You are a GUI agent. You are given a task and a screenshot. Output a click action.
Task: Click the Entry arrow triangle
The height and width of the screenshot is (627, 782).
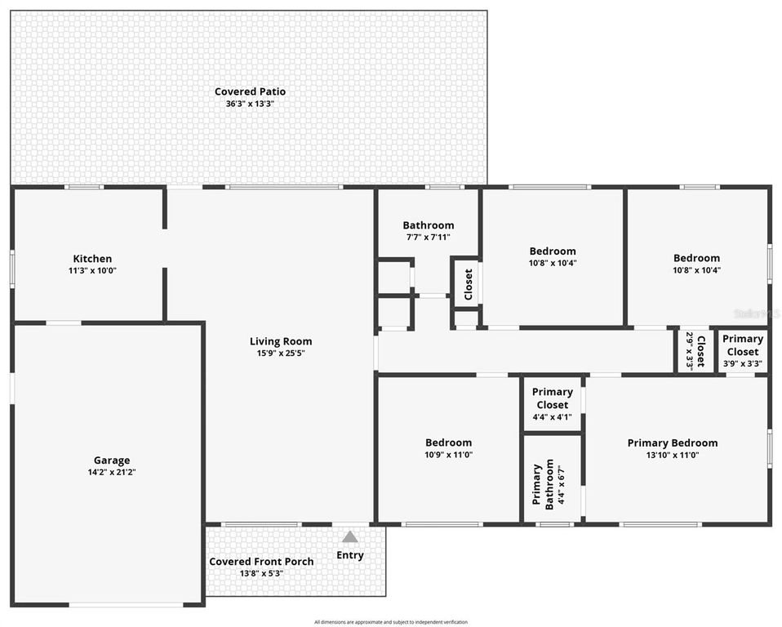349,537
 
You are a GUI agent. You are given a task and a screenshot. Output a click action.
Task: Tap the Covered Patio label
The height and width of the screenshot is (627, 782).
250,91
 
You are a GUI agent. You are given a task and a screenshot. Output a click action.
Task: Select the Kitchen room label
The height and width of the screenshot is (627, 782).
92,259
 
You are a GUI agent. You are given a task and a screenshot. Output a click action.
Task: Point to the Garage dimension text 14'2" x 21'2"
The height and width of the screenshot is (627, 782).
112,472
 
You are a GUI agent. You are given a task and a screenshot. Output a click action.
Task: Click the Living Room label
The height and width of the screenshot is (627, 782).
281,341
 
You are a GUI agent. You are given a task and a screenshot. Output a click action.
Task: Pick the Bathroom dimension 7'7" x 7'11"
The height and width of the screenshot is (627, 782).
428,237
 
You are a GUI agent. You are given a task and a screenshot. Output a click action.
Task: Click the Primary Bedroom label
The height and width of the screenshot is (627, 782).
673,443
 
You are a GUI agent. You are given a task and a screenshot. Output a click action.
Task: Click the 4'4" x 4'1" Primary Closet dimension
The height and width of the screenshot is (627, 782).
552,417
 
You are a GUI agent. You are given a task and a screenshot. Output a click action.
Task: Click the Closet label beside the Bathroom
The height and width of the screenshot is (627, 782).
468,284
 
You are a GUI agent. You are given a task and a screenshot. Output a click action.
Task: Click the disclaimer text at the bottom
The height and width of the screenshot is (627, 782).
391,622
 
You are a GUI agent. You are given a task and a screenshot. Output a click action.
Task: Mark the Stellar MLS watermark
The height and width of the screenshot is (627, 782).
757,313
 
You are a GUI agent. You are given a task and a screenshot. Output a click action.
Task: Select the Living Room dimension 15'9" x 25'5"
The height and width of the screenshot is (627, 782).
281,354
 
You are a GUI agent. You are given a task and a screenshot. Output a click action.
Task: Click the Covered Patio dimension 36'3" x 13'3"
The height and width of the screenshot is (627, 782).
250,104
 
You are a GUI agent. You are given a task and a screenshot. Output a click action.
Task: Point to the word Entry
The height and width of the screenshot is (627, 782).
350,555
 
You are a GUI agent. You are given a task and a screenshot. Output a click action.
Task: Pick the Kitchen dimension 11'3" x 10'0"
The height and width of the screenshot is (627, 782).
92,270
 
